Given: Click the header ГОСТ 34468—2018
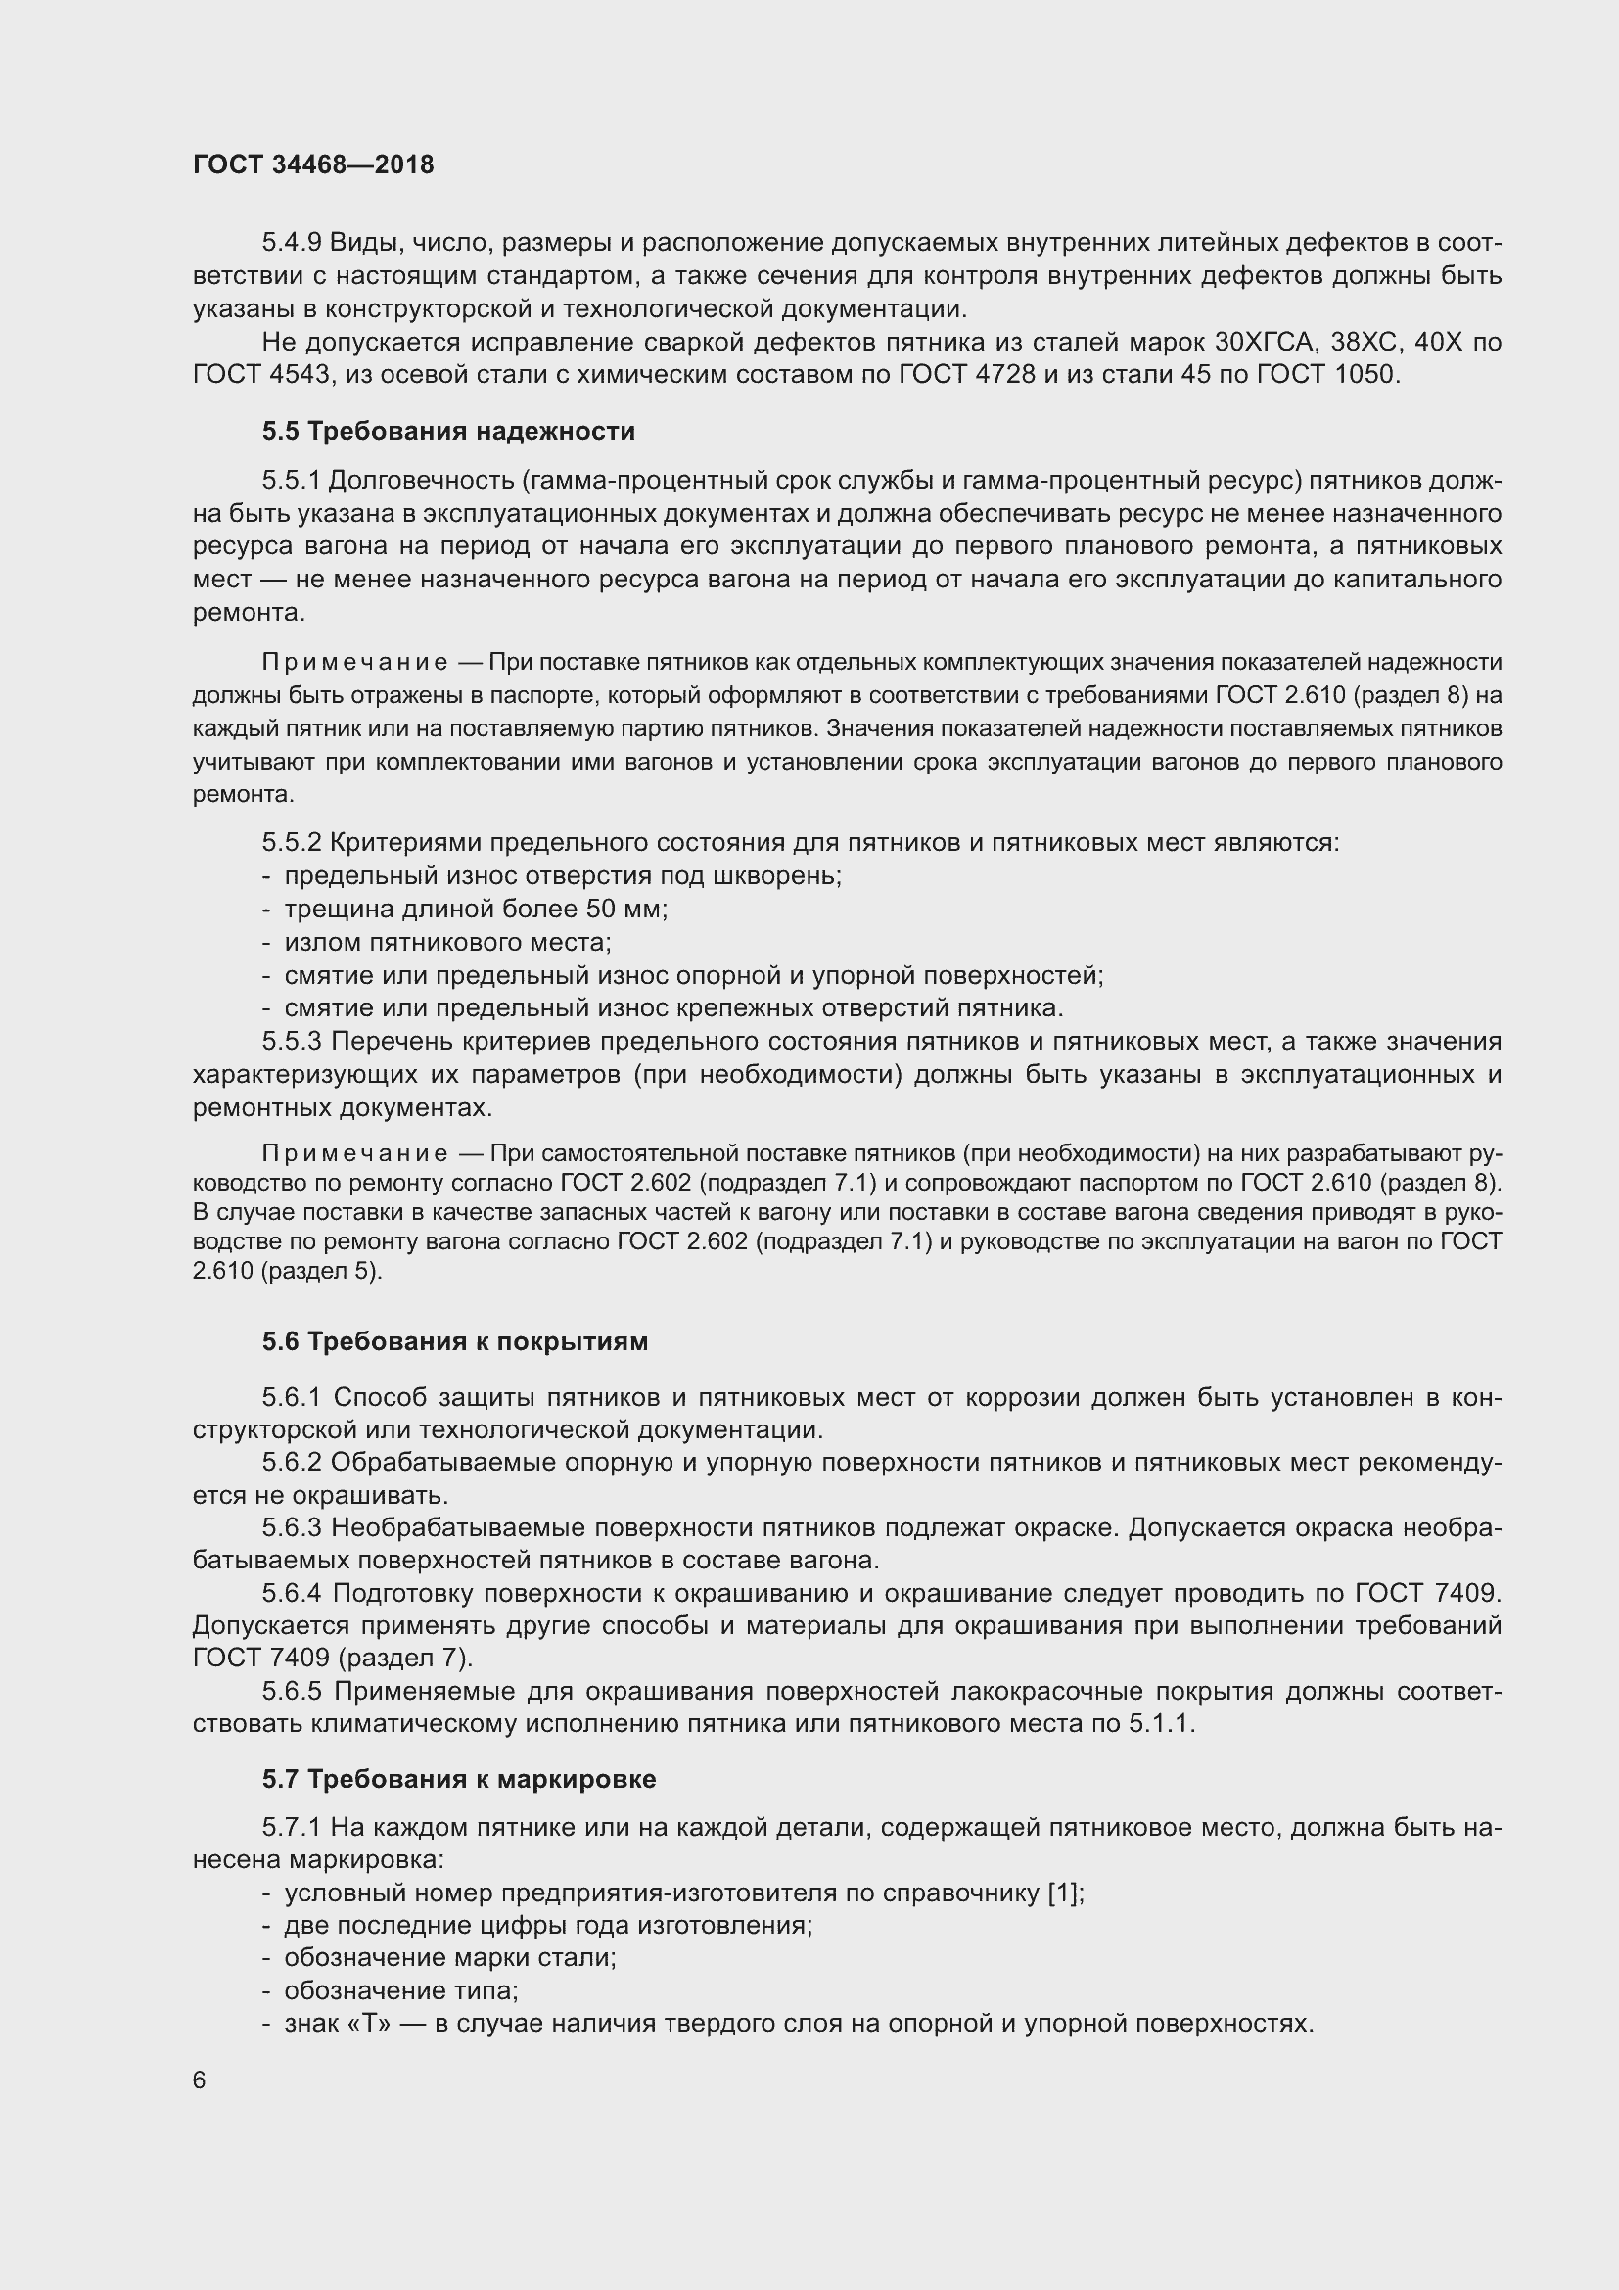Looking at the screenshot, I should [313, 164].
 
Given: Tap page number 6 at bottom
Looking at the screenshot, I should [200, 2080].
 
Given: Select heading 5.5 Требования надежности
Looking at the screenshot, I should [448, 431].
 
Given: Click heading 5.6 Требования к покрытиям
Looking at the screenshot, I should [454, 1341].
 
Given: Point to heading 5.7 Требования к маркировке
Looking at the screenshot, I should [458, 1779].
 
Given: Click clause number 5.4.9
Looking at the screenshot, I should [291, 243].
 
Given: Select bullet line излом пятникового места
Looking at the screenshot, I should [447, 942].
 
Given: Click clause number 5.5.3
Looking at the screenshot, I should [291, 1042].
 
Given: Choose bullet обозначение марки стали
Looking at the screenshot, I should [449, 1958].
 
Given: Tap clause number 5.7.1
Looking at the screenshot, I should [291, 1827].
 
